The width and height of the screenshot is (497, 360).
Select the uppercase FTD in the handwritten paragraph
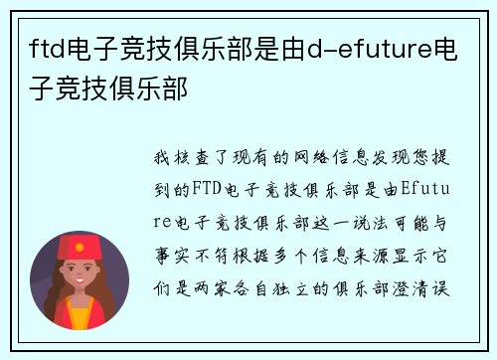coord(205,185)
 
